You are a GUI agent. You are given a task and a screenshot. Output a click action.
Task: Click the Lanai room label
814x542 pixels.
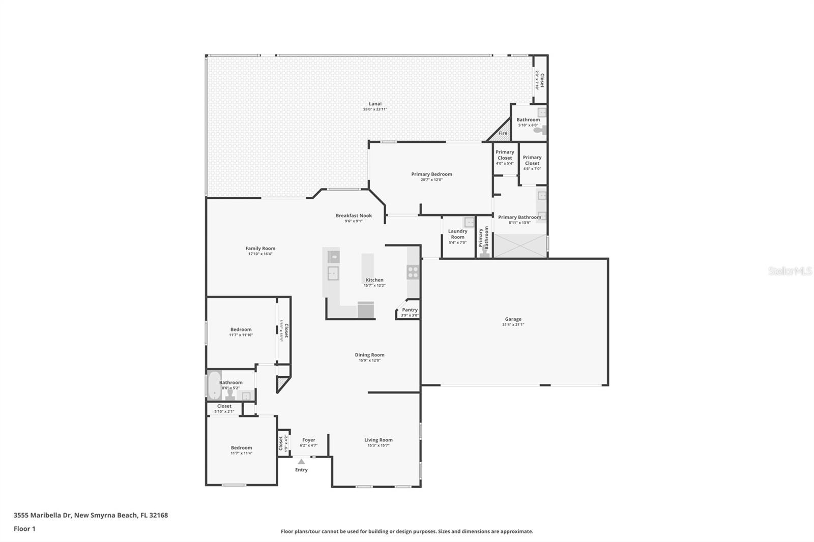375,104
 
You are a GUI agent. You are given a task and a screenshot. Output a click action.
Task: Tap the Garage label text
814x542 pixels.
513,319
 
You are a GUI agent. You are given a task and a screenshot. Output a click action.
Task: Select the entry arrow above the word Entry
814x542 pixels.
301,462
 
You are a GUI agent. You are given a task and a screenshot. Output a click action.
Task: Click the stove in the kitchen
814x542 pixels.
413,272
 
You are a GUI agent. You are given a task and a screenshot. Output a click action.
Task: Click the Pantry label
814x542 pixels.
410,310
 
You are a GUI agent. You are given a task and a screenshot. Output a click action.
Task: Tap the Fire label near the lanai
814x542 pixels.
503,133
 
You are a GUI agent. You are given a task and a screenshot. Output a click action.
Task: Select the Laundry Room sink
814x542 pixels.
469,222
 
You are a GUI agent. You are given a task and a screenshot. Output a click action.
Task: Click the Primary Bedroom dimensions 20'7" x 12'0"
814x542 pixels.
431,179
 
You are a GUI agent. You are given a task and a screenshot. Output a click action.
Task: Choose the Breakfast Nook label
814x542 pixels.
354,216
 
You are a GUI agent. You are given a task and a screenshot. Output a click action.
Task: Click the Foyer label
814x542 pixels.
308,440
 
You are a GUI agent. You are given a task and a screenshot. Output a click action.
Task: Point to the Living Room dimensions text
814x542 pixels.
378,445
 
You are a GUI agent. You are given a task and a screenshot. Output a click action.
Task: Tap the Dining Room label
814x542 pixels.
369,355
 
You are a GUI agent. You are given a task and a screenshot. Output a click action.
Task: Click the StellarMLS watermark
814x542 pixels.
790,272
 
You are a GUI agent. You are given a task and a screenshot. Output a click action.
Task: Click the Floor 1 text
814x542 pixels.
24,529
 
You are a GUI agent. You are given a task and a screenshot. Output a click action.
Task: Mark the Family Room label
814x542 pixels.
260,249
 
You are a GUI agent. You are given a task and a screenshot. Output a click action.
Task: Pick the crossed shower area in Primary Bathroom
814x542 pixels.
520,246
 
